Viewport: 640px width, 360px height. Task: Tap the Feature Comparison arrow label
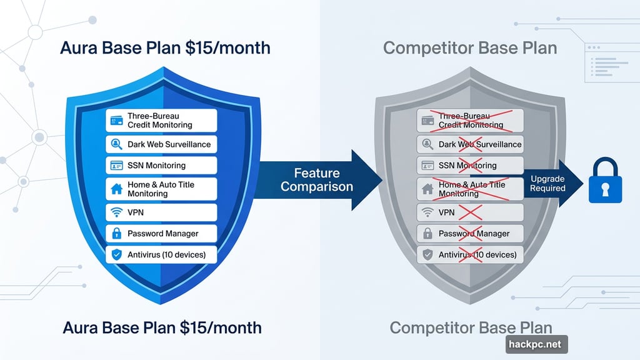pyautogui.click(x=317, y=179)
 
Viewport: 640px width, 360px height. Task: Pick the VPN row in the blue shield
pyautogui.click(x=161, y=212)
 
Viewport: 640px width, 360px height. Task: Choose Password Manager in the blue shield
pyautogui.click(x=161, y=234)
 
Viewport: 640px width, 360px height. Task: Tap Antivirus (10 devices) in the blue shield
pyautogui.click(x=161, y=254)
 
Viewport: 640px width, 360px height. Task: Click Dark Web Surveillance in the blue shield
pyautogui.click(x=161, y=144)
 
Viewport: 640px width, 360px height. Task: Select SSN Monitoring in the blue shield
pyautogui.click(x=161, y=166)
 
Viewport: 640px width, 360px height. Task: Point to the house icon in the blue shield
pyautogui.click(x=116, y=189)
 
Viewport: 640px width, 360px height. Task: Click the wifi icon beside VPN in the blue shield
pyautogui.click(x=116, y=212)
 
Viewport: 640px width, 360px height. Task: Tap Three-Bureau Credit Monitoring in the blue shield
pyautogui.click(x=161, y=121)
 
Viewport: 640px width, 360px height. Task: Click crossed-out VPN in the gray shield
pyautogui.click(x=470, y=212)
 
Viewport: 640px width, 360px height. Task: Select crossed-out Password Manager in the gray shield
pyautogui.click(x=470, y=234)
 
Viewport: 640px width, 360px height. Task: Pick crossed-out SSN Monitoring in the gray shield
pyautogui.click(x=470, y=166)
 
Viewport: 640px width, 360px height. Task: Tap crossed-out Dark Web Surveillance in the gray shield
pyautogui.click(x=470, y=144)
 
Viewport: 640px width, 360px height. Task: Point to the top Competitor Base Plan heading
pyautogui.click(x=470, y=48)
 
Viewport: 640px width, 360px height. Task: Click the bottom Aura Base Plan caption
pyautogui.click(x=162, y=327)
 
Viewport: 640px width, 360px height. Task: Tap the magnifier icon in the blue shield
pyautogui.click(x=116, y=144)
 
